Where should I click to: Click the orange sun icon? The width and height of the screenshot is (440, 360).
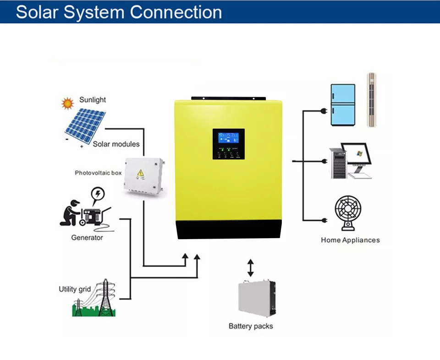coord(68,104)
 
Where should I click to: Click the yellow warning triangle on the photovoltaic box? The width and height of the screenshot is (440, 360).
coord(140,174)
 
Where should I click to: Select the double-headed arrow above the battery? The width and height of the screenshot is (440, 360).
coord(250,268)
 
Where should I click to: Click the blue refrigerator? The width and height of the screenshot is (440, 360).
coord(343,105)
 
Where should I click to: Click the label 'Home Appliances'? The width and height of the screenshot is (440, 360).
coord(350,240)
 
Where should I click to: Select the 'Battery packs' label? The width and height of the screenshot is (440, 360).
coord(251,326)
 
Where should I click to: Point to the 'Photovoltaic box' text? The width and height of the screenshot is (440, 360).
coord(98,173)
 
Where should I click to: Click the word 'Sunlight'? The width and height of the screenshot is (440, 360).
coord(93,100)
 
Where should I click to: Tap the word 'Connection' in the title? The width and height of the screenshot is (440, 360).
coord(176,12)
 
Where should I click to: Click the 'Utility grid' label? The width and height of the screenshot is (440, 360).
coord(75,289)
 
